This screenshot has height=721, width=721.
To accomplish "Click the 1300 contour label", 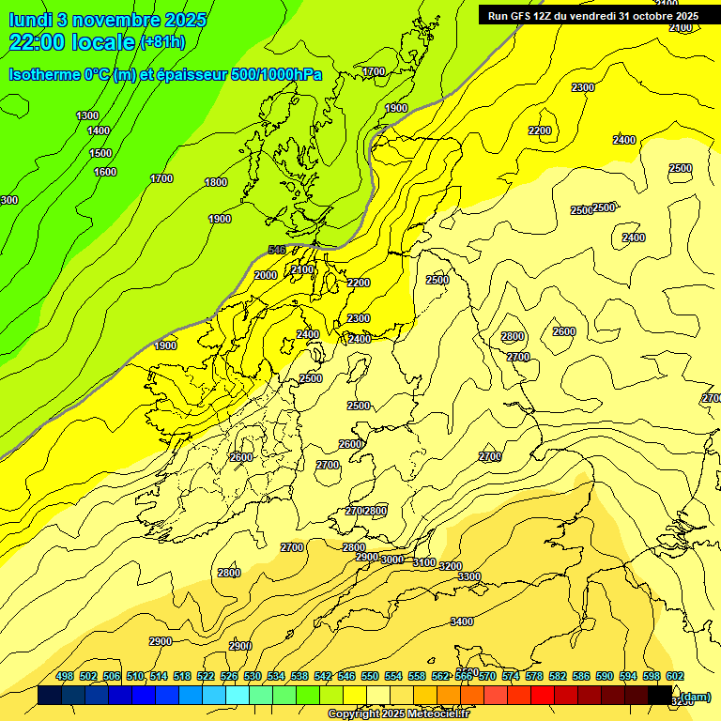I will (x=87, y=115).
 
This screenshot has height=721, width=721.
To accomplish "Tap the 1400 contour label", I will (x=99, y=131).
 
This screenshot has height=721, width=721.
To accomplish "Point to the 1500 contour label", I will (x=100, y=153).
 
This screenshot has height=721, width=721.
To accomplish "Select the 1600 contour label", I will (x=105, y=172).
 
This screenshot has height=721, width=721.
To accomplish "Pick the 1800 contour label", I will (x=216, y=182).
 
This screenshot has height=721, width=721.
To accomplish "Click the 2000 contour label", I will (x=266, y=275).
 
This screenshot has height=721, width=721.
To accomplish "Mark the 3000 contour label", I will (x=391, y=560).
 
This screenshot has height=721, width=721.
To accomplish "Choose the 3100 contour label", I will (x=424, y=562).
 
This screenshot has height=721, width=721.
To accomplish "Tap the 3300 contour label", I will (x=469, y=576).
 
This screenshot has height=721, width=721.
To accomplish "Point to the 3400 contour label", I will (x=462, y=621).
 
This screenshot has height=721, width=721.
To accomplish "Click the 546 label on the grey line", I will (x=276, y=250).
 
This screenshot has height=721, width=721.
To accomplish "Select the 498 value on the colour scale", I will (x=65, y=676).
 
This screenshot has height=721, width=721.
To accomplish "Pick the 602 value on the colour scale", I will (x=674, y=676).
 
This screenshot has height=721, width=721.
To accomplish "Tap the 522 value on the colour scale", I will (x=206, y=676).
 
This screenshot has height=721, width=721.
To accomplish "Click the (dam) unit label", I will (x=696, y=697).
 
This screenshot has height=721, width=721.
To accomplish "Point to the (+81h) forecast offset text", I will (x=162, y=42).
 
